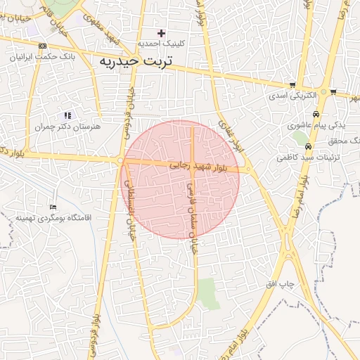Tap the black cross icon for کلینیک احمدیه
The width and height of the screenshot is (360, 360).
(161, 33)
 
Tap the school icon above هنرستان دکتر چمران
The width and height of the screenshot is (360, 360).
(67, 115)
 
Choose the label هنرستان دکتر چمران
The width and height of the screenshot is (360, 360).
(67, 127)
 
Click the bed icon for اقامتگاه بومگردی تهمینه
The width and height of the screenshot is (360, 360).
(53, 207)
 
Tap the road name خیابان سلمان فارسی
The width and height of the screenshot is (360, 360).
(191, 211)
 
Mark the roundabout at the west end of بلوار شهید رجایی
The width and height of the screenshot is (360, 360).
(122, 161)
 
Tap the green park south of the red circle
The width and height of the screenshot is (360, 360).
(207, 293)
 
